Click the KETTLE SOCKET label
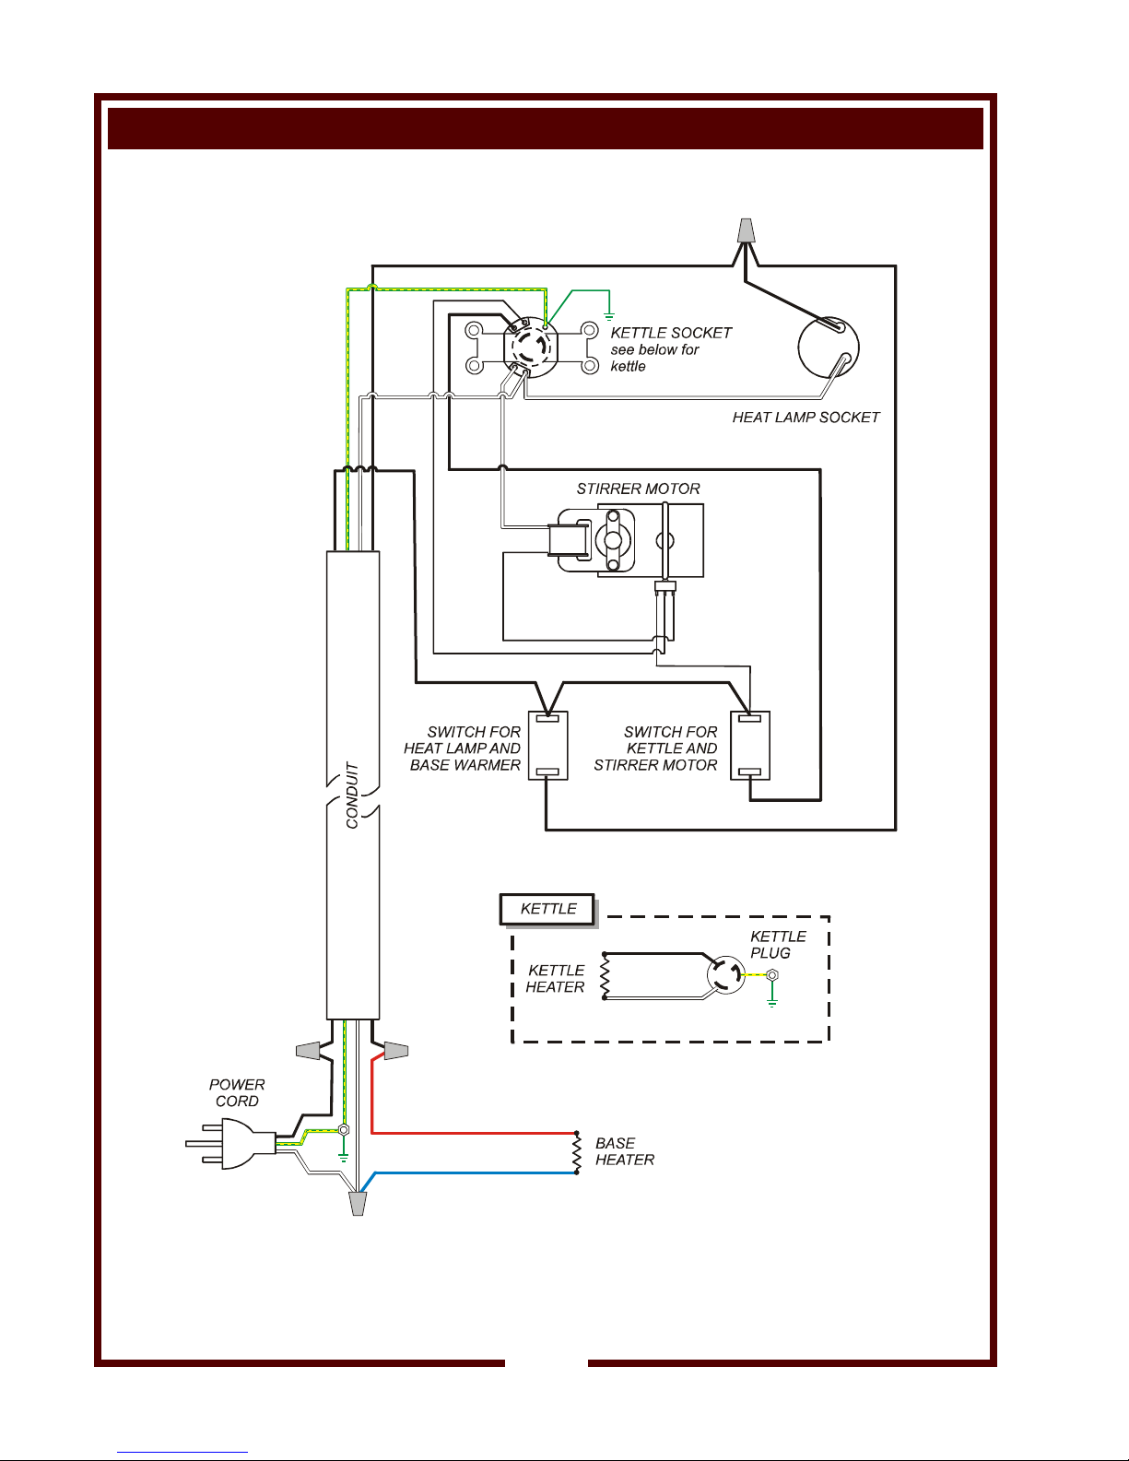click(671, 333)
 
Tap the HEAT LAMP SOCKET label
click(806, 418)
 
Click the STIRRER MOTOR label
click(638, 489)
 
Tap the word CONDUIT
click(352, 795)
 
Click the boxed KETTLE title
click(547, 909)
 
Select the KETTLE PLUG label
click(778, 945)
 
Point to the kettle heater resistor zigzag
click(605, 975)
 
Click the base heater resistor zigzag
click(577, 1153)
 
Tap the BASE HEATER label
click(624, 1151)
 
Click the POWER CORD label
click(237, 1092)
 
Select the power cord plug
click(229, 1144)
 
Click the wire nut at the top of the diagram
click(746, 230)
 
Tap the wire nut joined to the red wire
click(395, 1050)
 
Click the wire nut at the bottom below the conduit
click(359, 1204)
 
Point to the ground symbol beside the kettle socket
click(609, 316)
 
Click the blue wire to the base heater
click(469, 1173)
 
